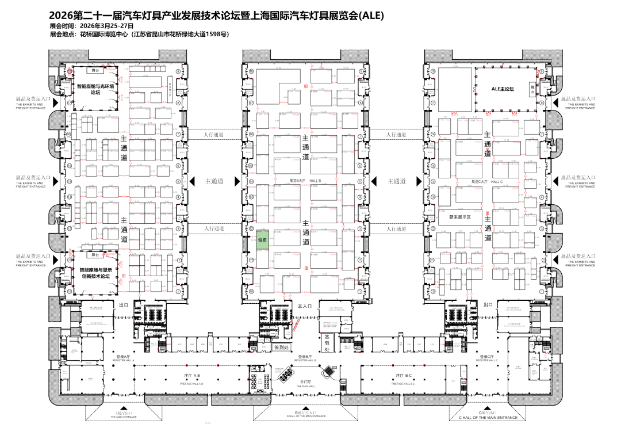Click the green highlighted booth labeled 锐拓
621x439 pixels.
click(x=262, y=238)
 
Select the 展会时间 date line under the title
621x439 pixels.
click(x=92, y=26)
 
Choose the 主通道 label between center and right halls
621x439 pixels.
click(x=396, y=181)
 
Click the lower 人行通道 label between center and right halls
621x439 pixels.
click(x=396, y=228)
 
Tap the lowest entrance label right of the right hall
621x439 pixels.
click(x=582, y=259)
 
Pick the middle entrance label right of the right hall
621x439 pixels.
click(x=582, y=181)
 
